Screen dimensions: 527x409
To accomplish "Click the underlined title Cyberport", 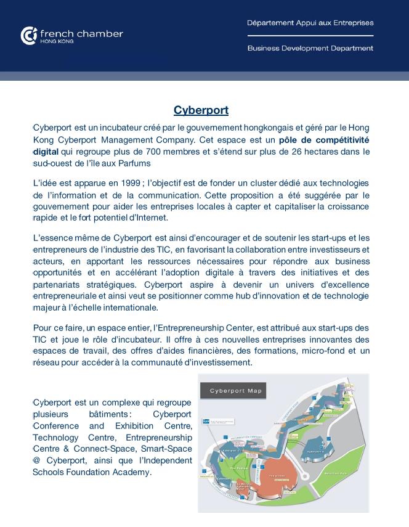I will (201, 110).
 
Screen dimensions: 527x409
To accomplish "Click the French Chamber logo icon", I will (28, 36).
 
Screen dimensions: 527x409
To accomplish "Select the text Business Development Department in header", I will (310, 48).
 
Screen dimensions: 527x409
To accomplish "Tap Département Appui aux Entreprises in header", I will (310, 23).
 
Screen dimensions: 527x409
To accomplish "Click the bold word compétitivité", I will (341, 140).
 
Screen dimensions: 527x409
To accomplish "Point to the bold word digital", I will (46, 152).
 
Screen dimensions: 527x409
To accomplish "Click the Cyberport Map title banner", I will (233, 391).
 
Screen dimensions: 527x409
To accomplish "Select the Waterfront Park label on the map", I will (334, 473).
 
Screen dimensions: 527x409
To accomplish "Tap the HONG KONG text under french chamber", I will (57, 41).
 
